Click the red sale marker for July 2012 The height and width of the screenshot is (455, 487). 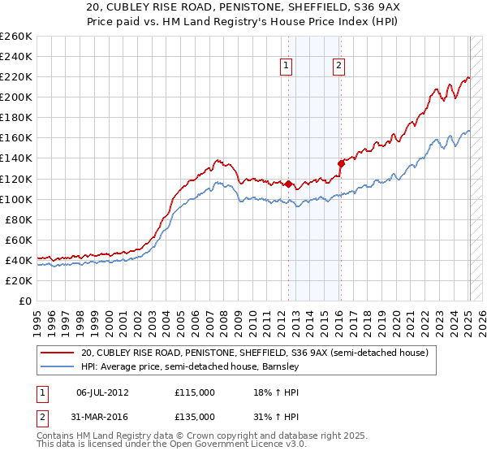pos(288,184)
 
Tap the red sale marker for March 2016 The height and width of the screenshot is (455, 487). pos(341,163)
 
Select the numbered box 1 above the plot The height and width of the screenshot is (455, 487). pos(287,67)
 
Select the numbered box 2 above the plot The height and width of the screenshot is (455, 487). pos(338,67)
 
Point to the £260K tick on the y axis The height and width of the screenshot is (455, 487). pos(16,37)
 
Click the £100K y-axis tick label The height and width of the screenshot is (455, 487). pos(16,199)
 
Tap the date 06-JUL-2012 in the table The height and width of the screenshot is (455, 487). pos(102,392)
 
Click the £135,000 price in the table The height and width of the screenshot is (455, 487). pos(195,417)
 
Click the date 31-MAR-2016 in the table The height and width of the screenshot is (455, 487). pos(102,417)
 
